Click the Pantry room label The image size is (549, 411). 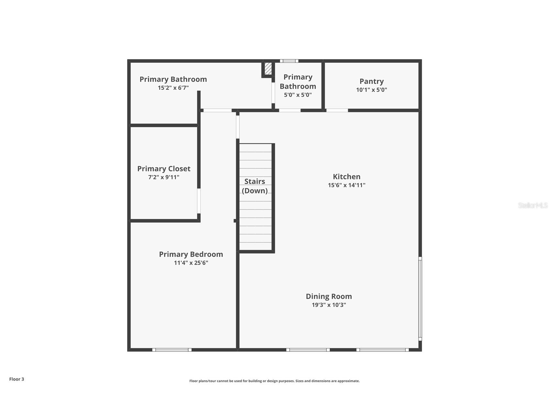click(x=371, y=81)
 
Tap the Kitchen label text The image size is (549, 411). click(x=346, y=176)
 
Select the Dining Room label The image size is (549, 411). click(x=329, y=296)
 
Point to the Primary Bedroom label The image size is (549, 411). click(x=191, y=254)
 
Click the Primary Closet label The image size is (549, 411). click(x=164, y=169)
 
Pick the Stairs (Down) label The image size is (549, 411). click(x=255, y=186)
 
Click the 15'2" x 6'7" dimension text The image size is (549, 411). click(x=173, y=88)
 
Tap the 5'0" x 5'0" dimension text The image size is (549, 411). click(x=298, y=95)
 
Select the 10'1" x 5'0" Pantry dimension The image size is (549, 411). click(x=371, y=90)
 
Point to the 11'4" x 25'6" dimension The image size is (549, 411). click(x=191, y=263)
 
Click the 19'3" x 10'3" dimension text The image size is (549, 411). click(x=329, y=305)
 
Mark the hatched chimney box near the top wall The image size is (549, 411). click(x=268, y=68)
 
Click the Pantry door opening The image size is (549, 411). click(x=337, y=111)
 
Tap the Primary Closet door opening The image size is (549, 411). click(x=199, y=201)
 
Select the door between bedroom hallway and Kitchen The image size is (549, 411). click(x=237, y=127)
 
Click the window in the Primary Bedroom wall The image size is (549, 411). click(x=172, y=350)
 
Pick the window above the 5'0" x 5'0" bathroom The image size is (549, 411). click(x=289, y=61)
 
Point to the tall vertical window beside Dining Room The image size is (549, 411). click(x=420, y=299)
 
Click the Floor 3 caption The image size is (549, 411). click(x=16, y=379)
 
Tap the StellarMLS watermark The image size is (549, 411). click(x=533, y=205)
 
